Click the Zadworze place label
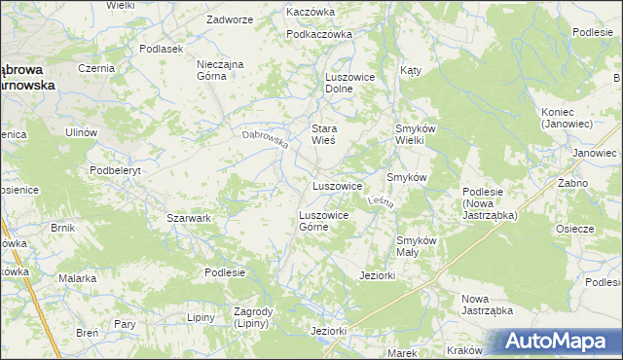click(x=230, y=19)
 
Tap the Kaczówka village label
click(x=311, y=12)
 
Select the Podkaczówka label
click(x=318, y=34)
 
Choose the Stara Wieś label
click(x=323, y=134)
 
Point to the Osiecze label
click(x=574, y=229)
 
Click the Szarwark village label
click(x=189, y=219)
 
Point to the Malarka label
click(x=76, y=278)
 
